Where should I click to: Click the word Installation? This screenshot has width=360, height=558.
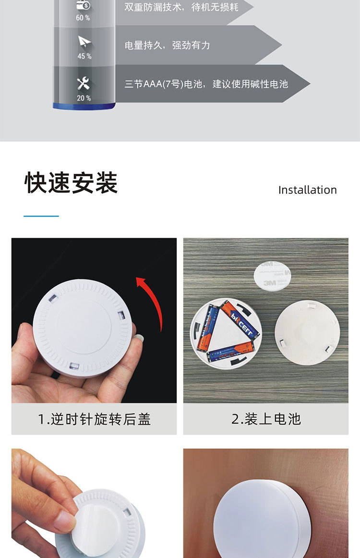(307, 190)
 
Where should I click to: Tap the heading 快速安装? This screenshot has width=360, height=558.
(71, 182)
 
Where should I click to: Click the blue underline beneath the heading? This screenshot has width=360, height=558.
(41, 216)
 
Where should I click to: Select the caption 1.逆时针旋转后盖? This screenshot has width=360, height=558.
(94, 419)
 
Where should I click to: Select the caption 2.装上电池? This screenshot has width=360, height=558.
(266, 419)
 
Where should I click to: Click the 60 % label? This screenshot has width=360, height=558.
(83, 18)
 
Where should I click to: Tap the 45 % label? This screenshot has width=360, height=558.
(84, 56)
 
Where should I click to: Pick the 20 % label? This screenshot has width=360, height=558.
(84, 98)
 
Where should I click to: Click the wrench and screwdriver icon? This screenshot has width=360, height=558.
(84, 84)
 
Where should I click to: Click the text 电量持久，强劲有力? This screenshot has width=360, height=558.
(167, 45)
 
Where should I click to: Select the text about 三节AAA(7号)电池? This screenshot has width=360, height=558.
(206, 84)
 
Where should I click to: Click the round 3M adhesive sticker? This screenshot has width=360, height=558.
(272, 276)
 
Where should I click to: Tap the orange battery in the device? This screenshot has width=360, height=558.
(239, 318)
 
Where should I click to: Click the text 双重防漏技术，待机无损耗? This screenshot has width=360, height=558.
(181, 7)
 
